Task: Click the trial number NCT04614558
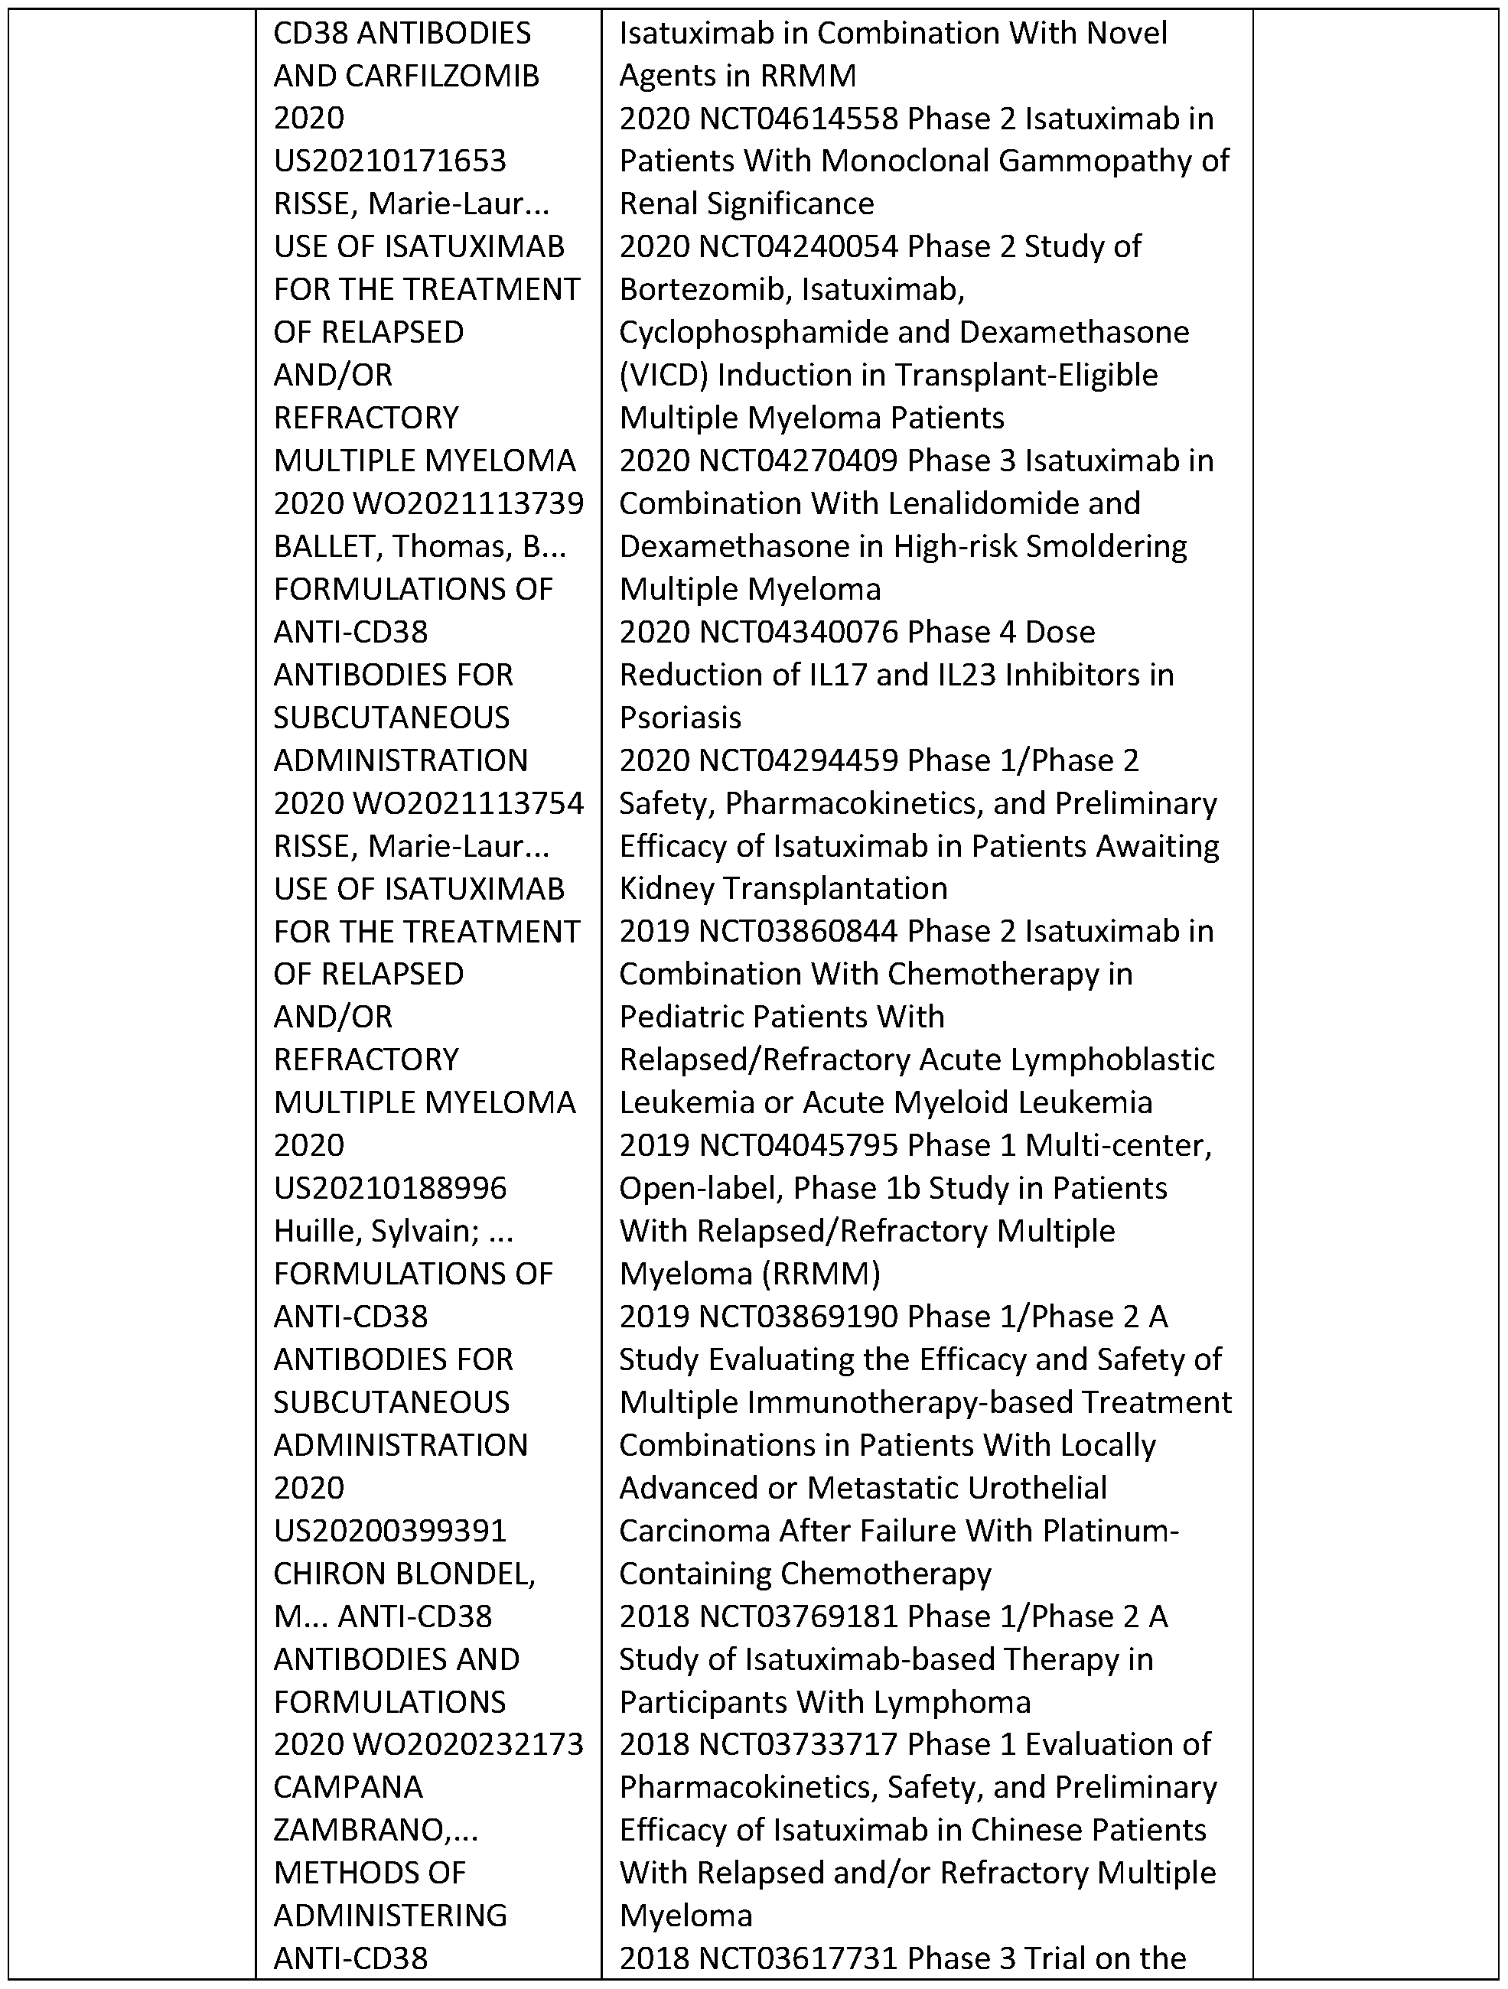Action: tap(798, 119)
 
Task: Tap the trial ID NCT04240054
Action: tap(798, 246)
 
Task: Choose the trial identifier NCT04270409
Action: tap(798, 461)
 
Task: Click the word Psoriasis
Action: tap(681, 718)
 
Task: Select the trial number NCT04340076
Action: tap(798, 632)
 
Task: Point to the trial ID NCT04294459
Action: tap(798, 760)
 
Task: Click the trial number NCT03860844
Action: tap(798, 932)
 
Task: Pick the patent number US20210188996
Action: tap(390, 1189)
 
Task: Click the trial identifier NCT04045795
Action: tap(798, 1145)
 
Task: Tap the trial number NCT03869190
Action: tap(798, 1317)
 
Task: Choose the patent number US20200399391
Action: tap(390, 1531)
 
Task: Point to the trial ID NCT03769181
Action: tap(798, 1616)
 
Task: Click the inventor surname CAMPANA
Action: tap(348, 1787)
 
